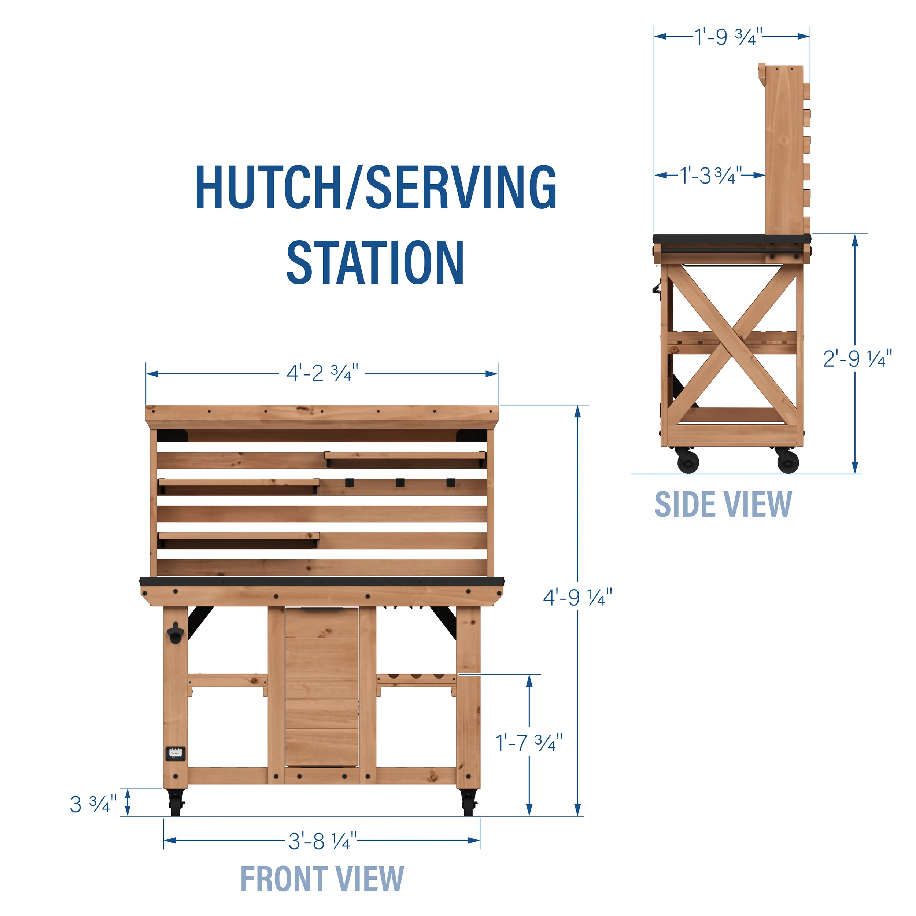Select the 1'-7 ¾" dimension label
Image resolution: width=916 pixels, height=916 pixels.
point(529,742)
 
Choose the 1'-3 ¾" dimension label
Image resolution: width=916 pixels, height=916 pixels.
point(710,176)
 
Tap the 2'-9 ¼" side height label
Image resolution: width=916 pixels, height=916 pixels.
point(857,359)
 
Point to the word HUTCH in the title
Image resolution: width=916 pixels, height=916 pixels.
point(268,187)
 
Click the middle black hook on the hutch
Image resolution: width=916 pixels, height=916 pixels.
point(400,482)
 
